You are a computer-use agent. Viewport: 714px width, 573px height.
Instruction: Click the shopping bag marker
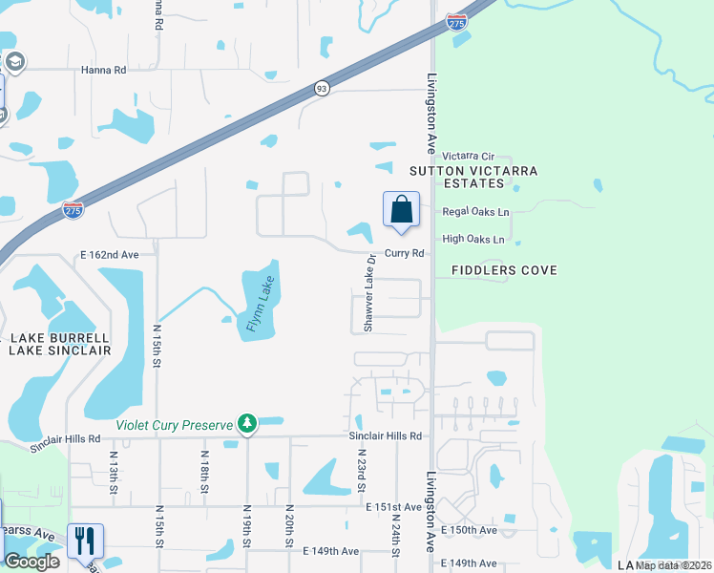tap(402, 210)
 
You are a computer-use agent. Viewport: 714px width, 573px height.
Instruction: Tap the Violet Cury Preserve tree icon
tap(247, 423)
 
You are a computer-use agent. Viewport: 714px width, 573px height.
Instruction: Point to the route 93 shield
tap(323, 89)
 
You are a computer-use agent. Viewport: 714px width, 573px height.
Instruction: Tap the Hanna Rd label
tap(104, 70)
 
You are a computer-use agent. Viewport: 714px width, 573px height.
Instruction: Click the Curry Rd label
tap(404, 253)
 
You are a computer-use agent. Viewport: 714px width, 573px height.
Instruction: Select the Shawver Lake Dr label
tap(368, 299)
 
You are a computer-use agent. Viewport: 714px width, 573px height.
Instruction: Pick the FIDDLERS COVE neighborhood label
tap(496, 270)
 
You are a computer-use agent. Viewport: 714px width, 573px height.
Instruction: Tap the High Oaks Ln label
tap(473, 239)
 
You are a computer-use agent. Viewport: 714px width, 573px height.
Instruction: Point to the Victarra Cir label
tap(469, 156)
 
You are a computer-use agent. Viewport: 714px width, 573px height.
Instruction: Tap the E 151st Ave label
tap(392, 507)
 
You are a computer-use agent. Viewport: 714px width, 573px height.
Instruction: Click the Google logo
tap(31, 562)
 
